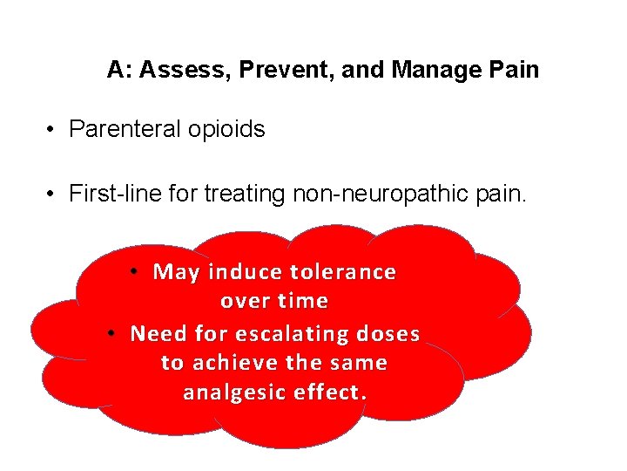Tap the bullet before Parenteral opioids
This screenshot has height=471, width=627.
[53, 130]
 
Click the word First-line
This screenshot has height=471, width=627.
[108, 193]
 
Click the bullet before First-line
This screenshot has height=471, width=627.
[53, 193]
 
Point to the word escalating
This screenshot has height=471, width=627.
[304, 334]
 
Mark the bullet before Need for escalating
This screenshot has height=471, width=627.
[113, 333]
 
